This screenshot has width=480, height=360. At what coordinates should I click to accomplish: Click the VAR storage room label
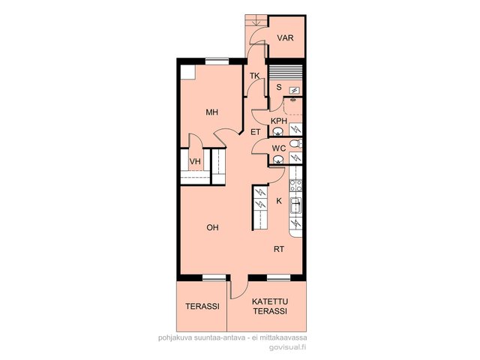(285, 38)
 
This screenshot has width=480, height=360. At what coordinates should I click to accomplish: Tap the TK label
(254, 76)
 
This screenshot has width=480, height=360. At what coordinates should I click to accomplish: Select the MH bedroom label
(211, 112)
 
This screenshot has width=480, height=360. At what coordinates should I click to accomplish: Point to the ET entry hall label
(255, 132)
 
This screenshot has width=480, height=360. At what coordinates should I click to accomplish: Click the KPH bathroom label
(279, 121)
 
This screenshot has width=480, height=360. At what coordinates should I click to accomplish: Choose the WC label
(279, 148)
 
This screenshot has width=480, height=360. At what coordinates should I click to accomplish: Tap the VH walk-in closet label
(195, 161)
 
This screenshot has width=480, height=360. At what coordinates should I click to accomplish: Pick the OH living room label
(212, 227)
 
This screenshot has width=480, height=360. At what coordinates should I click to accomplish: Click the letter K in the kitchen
(279, 201)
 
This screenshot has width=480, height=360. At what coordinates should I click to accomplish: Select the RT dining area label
(278, 249)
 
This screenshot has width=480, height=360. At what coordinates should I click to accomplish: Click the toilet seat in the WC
(295, 143)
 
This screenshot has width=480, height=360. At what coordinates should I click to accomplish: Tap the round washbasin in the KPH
(278, 132)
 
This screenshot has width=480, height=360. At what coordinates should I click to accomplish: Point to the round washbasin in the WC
(278, 160)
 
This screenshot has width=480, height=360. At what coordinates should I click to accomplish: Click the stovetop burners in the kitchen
(295, 185)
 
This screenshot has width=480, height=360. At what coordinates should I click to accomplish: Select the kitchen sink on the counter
(295, 205)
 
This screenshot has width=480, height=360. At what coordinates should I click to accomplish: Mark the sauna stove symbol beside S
(295, 90)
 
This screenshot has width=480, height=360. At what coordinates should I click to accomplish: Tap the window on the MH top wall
(217, 61)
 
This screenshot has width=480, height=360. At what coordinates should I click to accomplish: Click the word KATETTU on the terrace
(270, 301)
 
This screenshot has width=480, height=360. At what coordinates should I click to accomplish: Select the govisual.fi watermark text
(287, 347)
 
